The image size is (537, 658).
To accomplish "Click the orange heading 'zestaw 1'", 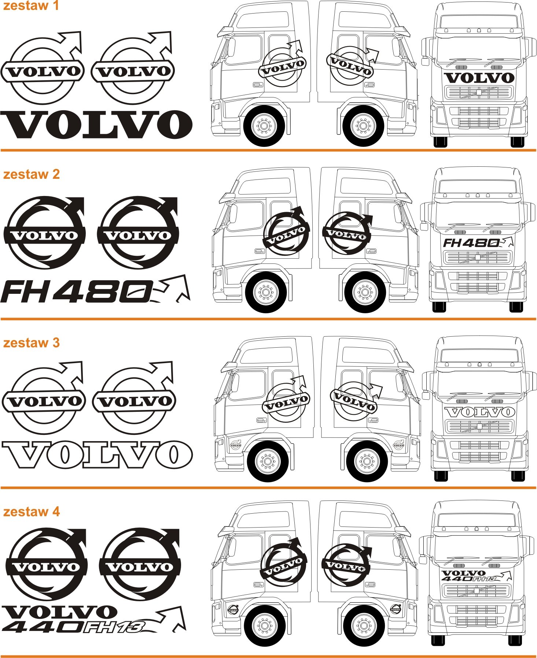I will tap(31, 6).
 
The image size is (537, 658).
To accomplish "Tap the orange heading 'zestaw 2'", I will tap(32, 174).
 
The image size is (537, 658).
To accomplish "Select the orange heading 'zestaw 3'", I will tap(32, 343).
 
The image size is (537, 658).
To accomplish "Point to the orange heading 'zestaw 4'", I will tap(32, 511).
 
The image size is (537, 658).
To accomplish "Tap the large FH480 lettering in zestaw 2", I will tap(77, 292).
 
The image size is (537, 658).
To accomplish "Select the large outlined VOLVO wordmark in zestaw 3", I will tap(97, 455).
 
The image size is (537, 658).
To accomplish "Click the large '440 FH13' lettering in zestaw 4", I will tap(73, 628).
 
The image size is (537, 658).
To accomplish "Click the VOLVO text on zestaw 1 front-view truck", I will tap(479, 78).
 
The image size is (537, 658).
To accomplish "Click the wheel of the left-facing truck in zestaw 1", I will tap(264, 126).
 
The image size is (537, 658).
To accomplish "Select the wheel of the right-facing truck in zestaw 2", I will tap(365, 292).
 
